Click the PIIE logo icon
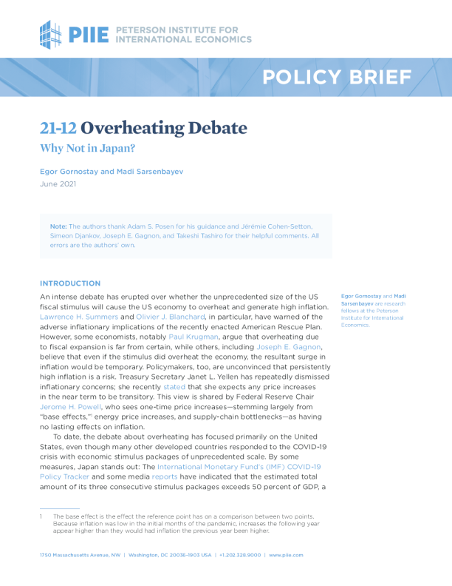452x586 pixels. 52,34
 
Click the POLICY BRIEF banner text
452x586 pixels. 337,76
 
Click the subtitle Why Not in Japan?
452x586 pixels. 83,147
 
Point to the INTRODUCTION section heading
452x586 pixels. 70,283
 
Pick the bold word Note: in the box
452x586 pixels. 58,225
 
